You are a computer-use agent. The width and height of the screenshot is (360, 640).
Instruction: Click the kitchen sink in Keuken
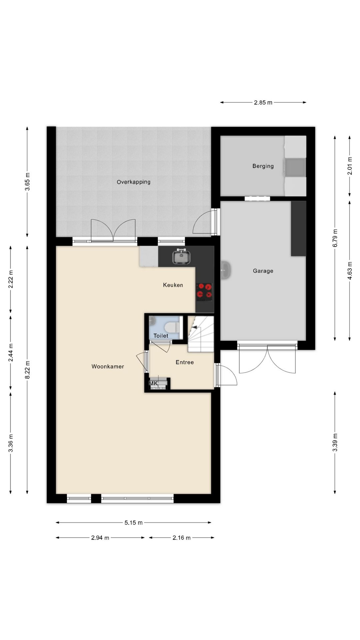pyautogui.click(x=181, y=257)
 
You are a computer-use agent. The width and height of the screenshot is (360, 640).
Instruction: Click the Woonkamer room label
pyautogui.click(x=108, y=366)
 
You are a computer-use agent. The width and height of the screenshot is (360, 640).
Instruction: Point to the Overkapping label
pyautogui.click(x=133, y=182)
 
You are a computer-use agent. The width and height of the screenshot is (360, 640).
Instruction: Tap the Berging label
pyautogui.click(x=263, y=166)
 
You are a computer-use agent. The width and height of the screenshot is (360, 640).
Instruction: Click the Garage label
pyautogui.click(x=263, y=271)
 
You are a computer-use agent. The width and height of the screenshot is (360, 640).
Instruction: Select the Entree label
pyautogui.click(x=185, y=362)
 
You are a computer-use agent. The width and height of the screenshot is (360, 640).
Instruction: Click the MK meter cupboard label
pyautogui.click(x=153, y=383)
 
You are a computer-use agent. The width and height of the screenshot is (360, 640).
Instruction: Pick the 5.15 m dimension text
pyautogui.click(x=133, y=523)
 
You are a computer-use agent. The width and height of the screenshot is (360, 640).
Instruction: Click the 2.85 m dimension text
pyautogui.click(x=263, y=103)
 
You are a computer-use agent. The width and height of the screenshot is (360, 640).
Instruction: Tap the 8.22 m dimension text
pyautogui.click(x=27, y=370)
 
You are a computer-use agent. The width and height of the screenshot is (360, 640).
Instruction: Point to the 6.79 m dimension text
pyautogui.click(x=335, y=238)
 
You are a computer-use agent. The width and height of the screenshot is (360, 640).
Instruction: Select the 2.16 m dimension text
pyautogui.click(x=181, y=538)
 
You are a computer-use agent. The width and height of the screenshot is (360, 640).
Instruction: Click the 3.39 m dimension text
pyautogui.click(x=335, y=442)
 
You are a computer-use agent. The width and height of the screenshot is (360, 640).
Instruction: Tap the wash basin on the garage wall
pyautogui.click(x=226, y=270)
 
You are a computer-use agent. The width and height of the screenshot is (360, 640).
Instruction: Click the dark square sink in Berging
pyautogui.click(x=295, y=167)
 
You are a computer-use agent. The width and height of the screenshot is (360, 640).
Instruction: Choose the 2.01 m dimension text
pyautogui.click(x=350, y=166)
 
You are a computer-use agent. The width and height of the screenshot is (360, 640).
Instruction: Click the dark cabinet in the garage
pyautogui.click(x=298, y=229)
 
